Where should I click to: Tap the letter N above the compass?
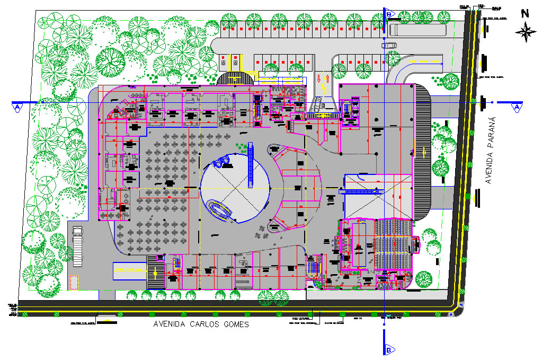point(525,14)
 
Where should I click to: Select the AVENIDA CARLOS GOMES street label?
point(200,324)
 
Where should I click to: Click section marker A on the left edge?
point(17,107)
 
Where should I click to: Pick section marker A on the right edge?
point(516,107)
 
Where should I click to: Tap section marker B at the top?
point(388,13)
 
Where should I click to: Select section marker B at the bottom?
point(388,350)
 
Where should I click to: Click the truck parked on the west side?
point(77,242)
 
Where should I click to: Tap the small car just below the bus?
point(389,45)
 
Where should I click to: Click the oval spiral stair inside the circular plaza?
point(219,208)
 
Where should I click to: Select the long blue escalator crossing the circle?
point(250,166)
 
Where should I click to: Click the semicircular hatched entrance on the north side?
point(235,78)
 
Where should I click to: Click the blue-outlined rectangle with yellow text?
point(130,270)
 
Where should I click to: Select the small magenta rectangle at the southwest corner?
point(74,282)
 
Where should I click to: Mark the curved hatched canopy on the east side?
point(423,151)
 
